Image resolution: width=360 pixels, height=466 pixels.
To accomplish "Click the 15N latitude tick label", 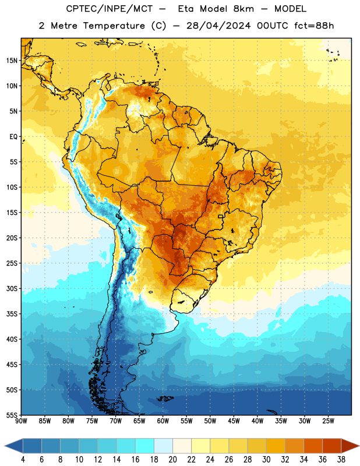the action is point(12,61).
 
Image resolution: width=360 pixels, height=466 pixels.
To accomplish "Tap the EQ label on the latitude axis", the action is point(13,137).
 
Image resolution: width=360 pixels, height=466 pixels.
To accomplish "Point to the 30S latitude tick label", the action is point(12,288).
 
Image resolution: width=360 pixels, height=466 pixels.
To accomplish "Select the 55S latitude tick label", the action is point(12,415).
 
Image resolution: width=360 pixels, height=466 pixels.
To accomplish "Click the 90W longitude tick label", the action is point(21,421).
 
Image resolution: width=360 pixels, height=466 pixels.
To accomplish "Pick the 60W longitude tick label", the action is point(163,421).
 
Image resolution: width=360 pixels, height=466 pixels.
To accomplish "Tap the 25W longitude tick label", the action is point(328,421).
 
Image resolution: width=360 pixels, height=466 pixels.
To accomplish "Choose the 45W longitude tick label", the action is point(234,421).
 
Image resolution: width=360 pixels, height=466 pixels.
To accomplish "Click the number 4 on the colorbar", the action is point(23,460).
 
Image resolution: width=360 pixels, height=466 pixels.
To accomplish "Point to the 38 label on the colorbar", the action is point(341,460).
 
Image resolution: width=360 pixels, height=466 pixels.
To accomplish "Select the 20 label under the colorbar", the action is point(172,460).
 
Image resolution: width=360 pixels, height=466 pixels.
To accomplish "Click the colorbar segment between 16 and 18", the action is point(144,446).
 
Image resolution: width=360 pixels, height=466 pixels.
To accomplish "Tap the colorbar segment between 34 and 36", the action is point(313,446).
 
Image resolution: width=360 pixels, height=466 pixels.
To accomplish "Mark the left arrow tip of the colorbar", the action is point(5,446).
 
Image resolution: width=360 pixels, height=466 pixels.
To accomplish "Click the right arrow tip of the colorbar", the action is point(359,446).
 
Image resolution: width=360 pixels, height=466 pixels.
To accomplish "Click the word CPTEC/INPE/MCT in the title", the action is point(109,9).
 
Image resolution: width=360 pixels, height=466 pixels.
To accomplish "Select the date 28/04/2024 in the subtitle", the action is point(218,26).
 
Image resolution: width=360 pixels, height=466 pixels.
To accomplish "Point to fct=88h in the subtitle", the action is point(314,26).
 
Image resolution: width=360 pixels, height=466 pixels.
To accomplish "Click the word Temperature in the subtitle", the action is point(114,26).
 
